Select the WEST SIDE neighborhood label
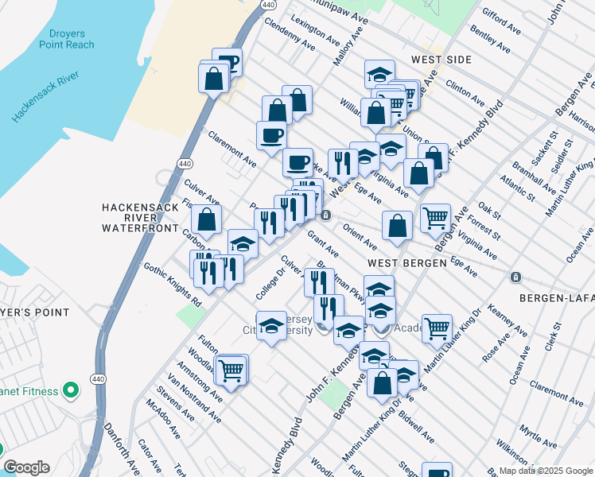(441, 60)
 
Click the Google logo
(26, 467)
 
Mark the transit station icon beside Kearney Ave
(515, 277)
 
